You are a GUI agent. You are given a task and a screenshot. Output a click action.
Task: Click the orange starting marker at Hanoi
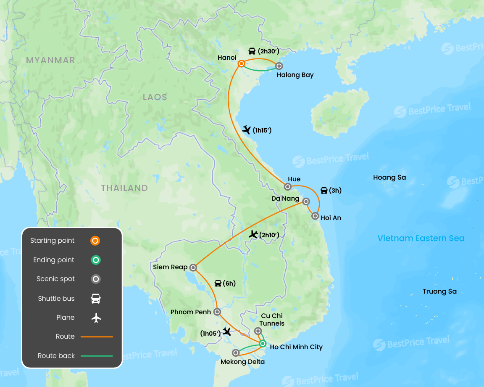tap(242, 64)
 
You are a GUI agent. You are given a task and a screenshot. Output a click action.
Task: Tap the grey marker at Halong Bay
tap(279, 66)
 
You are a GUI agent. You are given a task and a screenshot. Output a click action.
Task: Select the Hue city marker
tap(288, 187)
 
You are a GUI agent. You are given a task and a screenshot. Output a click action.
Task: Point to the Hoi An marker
tap(315, 216)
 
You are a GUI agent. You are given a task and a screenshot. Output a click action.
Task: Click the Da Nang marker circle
tap(306, 201)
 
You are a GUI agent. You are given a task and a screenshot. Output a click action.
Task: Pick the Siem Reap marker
tap(193, 267)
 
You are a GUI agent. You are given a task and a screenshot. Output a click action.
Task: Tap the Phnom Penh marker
tap(217, 312)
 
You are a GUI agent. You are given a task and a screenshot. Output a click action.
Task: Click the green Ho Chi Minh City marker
tap(263, 344)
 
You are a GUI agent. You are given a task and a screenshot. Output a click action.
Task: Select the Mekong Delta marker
tap(236, 353)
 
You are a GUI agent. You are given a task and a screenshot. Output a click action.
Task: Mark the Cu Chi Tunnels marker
tap(258, 331)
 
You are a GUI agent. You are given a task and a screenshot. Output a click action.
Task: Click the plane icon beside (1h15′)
tap(247, 130)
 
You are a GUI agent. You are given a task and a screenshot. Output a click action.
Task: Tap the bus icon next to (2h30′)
tap(252, 51)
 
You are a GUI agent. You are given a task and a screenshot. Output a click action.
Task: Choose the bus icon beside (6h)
tap(218, 284)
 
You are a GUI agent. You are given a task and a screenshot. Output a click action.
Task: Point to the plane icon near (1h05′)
tap(227, 331)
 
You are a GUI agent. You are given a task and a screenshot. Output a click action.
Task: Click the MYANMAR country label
tap(50, 60)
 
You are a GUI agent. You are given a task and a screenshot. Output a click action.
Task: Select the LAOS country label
tap(155, 97)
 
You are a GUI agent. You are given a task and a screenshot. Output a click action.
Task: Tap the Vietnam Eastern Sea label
tap(421, 239)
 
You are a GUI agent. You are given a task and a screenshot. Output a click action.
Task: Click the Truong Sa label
tap(439, 292)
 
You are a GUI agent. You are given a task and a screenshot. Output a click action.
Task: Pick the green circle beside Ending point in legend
tap(96, 260)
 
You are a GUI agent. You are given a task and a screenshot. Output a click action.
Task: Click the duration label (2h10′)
tap(269, 235)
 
